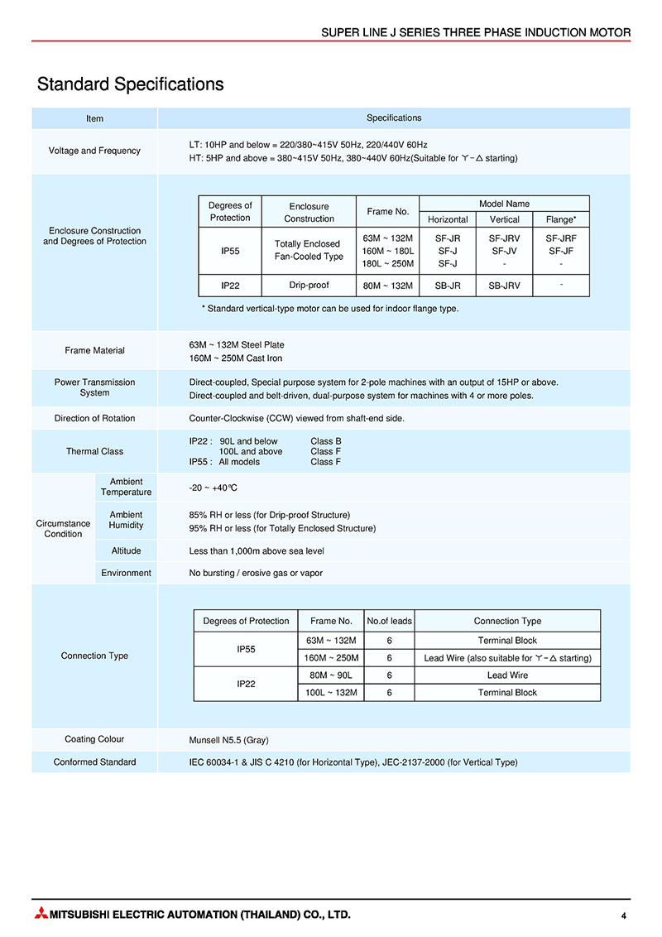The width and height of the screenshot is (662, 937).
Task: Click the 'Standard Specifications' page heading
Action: pyautogui.click(x=130, y=84)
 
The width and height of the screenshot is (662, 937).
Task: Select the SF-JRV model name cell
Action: pyautogui.click(x=505, y=238)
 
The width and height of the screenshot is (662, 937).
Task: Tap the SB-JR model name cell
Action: pyautogui.click(x=448, y=286)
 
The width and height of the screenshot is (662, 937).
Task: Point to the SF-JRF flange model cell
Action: pyautogui.click(x=561, y=238)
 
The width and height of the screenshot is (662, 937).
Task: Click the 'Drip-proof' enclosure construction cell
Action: pyautogui.click(x=309, y=285)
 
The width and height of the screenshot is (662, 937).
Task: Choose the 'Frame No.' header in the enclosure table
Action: pyautogui.click(x=388, y=212)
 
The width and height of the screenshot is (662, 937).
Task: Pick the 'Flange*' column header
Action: pyautogui.click(x=561, y=219)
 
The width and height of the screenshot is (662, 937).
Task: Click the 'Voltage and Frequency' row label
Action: pyautogui.click(x=94, y=151)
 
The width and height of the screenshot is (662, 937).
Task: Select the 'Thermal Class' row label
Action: pyautogui.click(x=94, y=451)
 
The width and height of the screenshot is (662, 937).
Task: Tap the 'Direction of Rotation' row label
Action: pyautogui.click(x=94, y=418)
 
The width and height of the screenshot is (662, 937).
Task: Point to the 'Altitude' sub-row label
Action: pyautogui.click(x=126, y=550)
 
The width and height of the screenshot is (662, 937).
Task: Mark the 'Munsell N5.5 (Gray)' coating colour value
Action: pyautogui.click(x=229, y=740)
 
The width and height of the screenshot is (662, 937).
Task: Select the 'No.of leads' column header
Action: pyautogui.click(x=389, y=621)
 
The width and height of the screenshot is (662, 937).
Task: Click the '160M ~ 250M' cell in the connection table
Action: pyautogui.click(x=331, y=658)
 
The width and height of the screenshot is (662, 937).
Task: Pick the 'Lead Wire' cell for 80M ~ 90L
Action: pyautogui.click(x=507, y=675)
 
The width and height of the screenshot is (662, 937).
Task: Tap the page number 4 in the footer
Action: pyautogui.click(x=623, y=915)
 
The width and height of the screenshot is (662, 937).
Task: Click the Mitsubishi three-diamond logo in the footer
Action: pyautogui.click(x=41, y=915)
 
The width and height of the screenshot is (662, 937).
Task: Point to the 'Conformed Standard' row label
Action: pyautogui.click(x=94, y=762)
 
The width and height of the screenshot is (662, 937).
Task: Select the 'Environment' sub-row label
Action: pyautogui.click(x=126, y=573)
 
